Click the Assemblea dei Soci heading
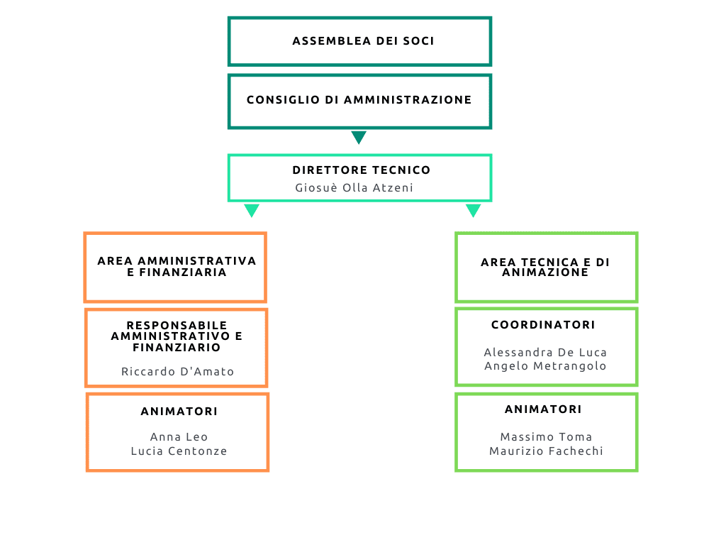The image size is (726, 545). click(364, 40)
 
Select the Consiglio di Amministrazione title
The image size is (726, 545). click(359, 99)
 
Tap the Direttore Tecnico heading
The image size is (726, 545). click(362, 170)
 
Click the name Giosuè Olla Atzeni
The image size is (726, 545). click(354, 187)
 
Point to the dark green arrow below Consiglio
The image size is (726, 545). click(359, 137)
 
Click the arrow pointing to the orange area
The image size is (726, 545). click(252, 210)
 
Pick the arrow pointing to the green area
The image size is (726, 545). click(473, 210)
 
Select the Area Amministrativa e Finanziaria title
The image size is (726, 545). click(177, 267)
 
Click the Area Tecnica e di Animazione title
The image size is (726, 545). click(545, 268)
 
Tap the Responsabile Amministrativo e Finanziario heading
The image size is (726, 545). click(177, 336)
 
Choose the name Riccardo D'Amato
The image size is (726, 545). click(178, 371)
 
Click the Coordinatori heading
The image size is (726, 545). click(544, 324)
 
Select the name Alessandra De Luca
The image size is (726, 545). click(545, 352)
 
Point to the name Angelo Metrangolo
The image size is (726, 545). click(545, 365)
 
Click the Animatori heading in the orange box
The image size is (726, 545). click(179, 411)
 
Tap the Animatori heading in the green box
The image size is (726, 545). click(544, 409)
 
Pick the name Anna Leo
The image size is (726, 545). click(179, 436)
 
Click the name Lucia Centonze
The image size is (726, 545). click(179, 451)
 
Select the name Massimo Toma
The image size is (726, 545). click(547, 436)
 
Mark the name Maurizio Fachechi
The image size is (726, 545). click(547, 451)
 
